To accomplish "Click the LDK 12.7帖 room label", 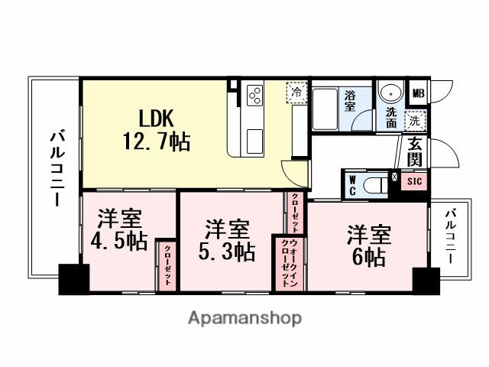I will coord(164,130).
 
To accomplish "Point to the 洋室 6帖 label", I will coord(369,244).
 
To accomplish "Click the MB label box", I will coord(417,95).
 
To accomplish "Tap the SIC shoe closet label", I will coord(413,181).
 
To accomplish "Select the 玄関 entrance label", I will coord(415,151).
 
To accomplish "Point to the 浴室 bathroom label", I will coord(350,101).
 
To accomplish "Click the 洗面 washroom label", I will coord(390,116).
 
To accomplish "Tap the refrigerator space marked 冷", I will coord(297,93).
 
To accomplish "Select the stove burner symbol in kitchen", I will coord(254,96).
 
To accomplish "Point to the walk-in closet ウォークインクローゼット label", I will coord(287,264).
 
